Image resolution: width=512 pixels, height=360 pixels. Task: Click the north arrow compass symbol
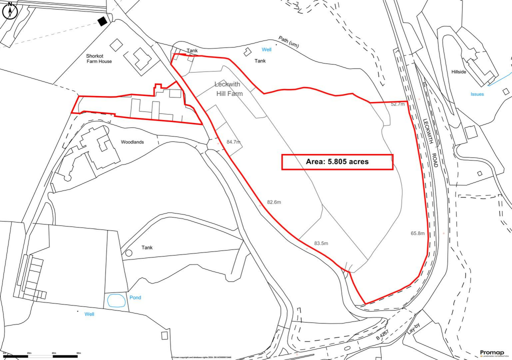[9, 9]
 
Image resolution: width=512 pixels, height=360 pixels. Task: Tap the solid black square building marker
[102, 21]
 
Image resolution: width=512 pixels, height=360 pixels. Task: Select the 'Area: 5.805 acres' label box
[337, 162]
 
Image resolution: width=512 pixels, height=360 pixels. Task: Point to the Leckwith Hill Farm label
[228, 89]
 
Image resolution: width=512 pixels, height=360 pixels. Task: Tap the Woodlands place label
[132, 142]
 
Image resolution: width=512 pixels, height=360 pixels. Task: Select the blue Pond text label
[135, 297]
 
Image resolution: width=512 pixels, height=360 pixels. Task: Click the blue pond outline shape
[116, 301]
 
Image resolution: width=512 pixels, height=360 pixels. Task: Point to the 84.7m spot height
[233, 142]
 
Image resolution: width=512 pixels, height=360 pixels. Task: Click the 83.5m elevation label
[321, 243]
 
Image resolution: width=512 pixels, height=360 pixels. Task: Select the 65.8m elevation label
[417, 233]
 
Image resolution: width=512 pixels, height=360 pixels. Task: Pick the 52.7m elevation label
[398, 104]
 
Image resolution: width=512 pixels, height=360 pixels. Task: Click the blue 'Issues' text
[477, 94]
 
